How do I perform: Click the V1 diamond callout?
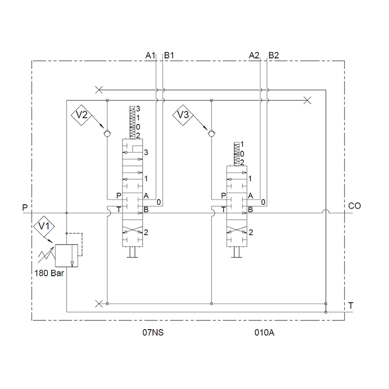click(x=44, y=226)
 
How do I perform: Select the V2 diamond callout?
click(x=82, y=115)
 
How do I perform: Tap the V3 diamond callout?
click(x=184, y=115)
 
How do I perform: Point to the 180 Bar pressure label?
click(x=49, y=273)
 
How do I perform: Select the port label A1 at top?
click(x=151, y=55)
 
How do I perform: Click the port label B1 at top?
click(x=169, y=55)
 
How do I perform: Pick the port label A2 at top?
click(x=254, y=55)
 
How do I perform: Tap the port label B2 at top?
click(x=274, y=55)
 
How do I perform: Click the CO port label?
click(x=355, y=206)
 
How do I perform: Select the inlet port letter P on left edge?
click(x=25, y=208)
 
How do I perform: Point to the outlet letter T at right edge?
click(x=351, y=305)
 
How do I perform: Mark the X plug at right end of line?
click(x=307, y=101)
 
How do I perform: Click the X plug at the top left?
click(x=99, y=89)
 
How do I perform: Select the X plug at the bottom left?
click(x=99, y=303)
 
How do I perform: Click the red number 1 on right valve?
click(x=250, y=178)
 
